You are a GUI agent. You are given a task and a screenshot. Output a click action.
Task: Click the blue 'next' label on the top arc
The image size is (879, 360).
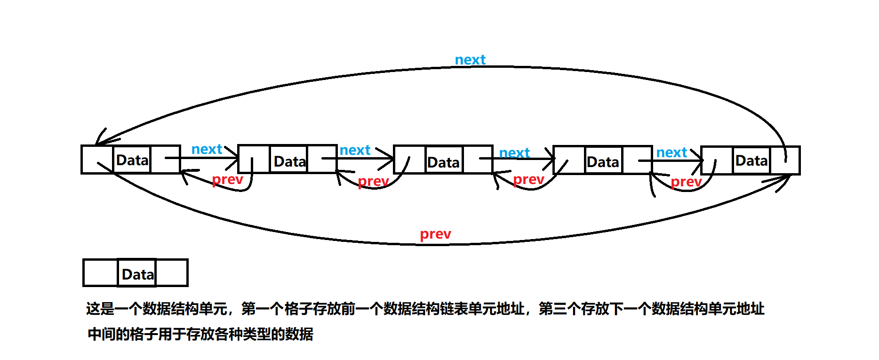[x=470, y=60]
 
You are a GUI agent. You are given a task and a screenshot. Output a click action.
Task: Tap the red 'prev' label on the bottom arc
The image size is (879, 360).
[x=435, y=234]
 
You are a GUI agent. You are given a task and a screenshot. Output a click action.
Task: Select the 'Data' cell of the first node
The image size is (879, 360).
[x=132, y=160]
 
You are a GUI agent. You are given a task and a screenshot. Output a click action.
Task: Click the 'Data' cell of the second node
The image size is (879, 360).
[x=289, y=161]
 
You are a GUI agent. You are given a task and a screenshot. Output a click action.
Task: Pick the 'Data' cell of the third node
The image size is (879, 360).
[x=443, y=162]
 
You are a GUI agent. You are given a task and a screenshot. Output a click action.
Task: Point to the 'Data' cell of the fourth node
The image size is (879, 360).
[x=603, y=162]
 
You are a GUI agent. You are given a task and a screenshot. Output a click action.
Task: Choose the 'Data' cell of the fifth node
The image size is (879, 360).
[x=751, y=160]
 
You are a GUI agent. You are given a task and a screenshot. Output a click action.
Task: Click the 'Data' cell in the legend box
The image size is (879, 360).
[x=137, y=274]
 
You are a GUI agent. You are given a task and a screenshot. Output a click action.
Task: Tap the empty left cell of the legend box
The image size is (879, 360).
[x=100, y=273]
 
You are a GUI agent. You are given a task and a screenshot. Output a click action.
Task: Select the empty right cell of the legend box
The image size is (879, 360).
[x=172, y=273]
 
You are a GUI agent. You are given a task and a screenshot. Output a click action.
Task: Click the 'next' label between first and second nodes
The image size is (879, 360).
[x=207, y=149]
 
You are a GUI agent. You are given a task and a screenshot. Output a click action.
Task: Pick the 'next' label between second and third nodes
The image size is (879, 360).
[x=355, y=150]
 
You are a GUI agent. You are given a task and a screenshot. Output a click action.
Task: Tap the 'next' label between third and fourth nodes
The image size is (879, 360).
[x=514, y=153]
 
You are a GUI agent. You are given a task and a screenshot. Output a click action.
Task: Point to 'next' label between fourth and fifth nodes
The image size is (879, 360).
[x=671, y=152]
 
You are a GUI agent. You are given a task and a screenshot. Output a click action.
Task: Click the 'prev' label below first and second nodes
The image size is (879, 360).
[x=227, y=179]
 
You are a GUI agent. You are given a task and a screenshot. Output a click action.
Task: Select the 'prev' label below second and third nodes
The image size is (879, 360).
[x=373, y=181]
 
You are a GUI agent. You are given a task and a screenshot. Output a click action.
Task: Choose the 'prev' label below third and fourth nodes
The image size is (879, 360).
[x=528, y=179]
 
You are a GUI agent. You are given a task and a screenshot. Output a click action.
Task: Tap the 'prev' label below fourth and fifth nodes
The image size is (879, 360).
[x=686, y=182]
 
